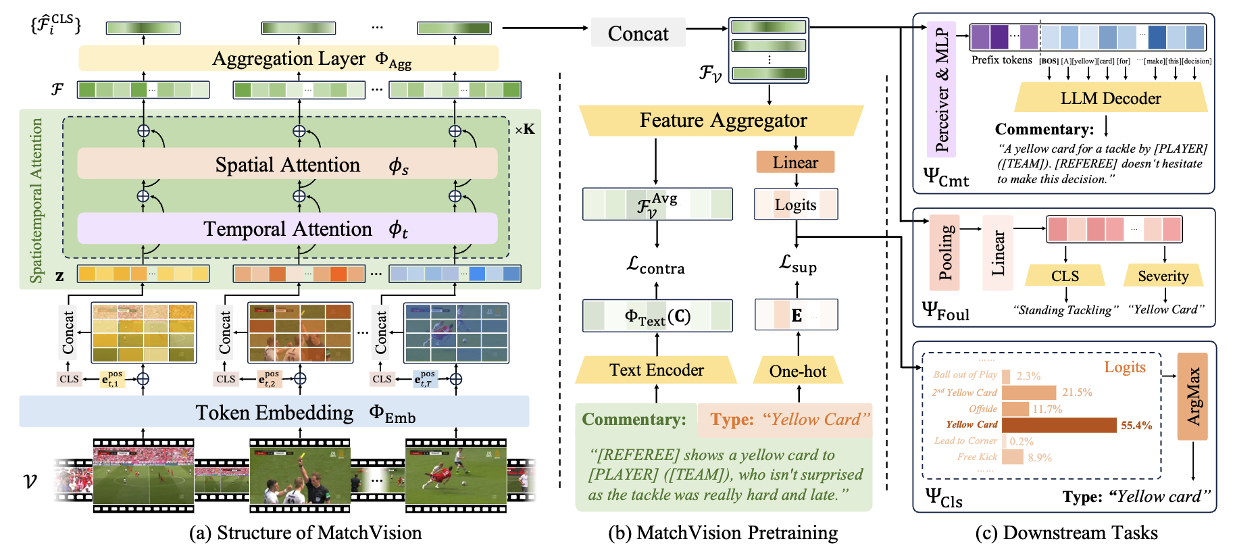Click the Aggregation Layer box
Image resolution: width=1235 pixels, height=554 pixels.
(288, 59)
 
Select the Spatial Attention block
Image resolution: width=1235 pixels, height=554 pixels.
(287, 164)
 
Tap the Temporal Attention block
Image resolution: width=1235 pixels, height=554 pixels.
(287, 229)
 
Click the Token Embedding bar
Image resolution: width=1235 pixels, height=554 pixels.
(274, 412)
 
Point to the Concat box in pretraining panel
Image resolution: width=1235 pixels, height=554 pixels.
(638, 33)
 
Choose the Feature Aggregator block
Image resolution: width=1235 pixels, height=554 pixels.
(722, 120)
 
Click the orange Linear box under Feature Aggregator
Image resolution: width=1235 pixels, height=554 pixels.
(795, 162)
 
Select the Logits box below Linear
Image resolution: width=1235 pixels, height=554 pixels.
(796, 205)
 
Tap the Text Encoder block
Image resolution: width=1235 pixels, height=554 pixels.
(656, 370)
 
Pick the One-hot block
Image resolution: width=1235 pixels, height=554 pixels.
(798, 371)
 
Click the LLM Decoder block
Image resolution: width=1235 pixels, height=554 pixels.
(1110, 99)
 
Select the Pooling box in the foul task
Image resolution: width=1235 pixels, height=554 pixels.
(944, 253)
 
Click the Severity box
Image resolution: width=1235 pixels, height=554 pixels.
(1163, 276)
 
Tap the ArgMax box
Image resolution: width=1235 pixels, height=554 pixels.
(1192, 396)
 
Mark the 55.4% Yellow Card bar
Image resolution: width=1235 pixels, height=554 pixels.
(1059, 425)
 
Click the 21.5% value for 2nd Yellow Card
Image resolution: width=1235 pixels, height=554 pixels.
(1077, 393)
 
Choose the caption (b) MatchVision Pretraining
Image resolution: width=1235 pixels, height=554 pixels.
(722, 533)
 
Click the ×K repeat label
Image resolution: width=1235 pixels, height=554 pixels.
(524, 129)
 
